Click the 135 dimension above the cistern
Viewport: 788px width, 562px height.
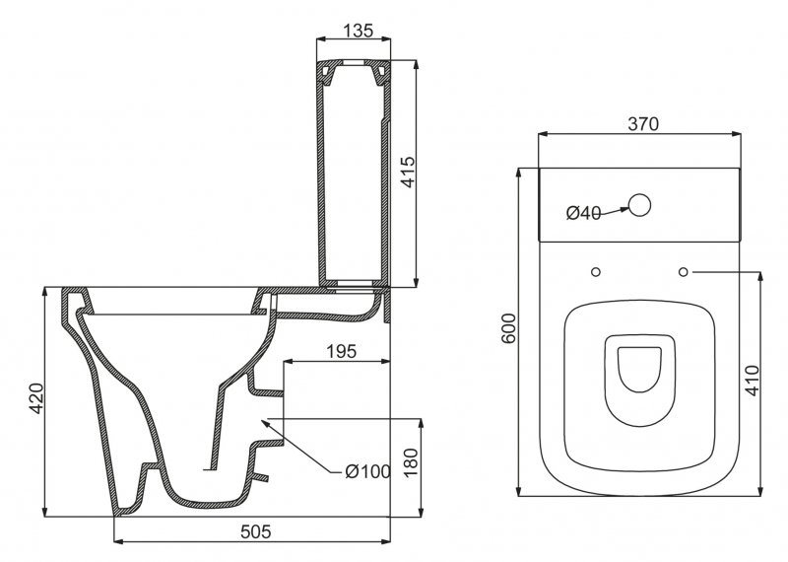pos(360,31)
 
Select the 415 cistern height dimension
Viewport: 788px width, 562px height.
pos(409,173)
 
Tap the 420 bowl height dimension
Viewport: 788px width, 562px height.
pos(36,398)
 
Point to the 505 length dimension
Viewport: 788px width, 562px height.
pos(256,531)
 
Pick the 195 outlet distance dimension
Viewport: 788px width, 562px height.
pos(341,351)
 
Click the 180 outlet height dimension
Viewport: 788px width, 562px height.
pos(411,462)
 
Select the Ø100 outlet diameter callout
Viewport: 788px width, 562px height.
pos(367,471)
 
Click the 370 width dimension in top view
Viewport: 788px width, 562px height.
pos(643,124)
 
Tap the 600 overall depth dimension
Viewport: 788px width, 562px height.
pos(508,328)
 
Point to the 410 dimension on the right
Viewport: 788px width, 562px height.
pos(753,381)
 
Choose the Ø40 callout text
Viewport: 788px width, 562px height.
pos(583,213)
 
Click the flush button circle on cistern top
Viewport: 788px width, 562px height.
pos(639,205)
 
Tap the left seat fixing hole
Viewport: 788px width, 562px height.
pos(596,272)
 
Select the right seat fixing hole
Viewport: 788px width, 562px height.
pos(683,272)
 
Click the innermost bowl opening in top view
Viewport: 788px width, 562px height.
pos(639,370)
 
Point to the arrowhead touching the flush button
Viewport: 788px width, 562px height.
pos(624,209)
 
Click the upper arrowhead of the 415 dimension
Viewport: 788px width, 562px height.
pos(415,65)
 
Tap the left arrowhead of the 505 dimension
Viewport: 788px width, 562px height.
pos(119,541)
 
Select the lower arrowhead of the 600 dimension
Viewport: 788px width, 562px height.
pos(519,490)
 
